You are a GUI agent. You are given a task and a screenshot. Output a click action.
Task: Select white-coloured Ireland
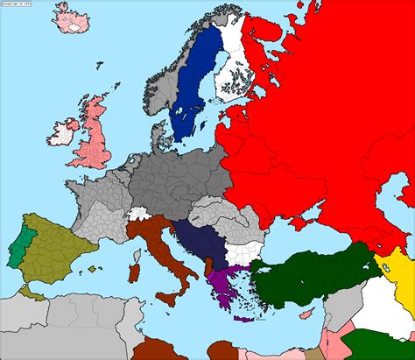click(x=60, y=135)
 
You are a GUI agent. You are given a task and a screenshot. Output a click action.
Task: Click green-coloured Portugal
click(x=18, y=242)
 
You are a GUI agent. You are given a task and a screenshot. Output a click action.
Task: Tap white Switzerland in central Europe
click(x=137, y=213)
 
